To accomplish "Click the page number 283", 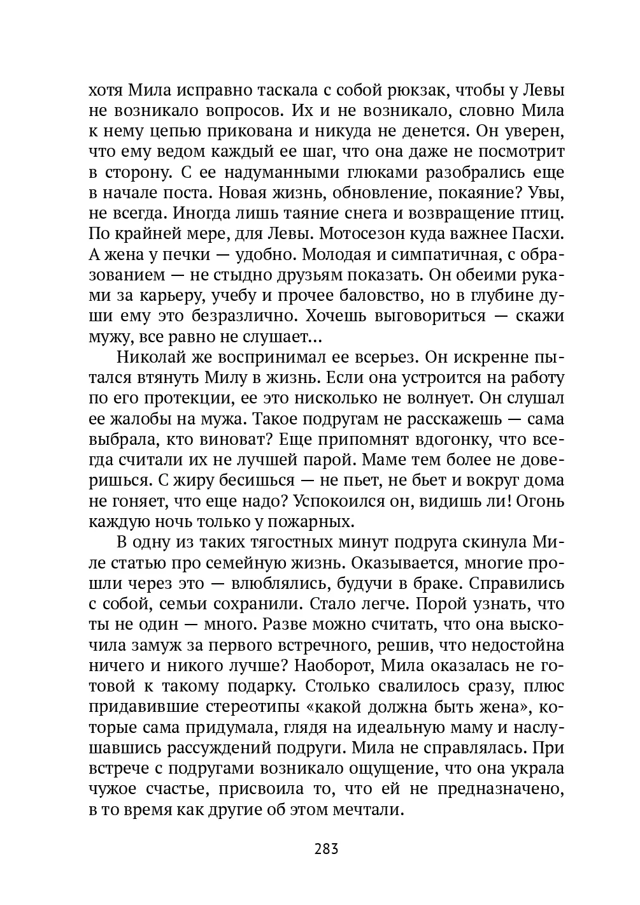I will tap(325, 849).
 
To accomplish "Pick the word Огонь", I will tap(541, 502).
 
